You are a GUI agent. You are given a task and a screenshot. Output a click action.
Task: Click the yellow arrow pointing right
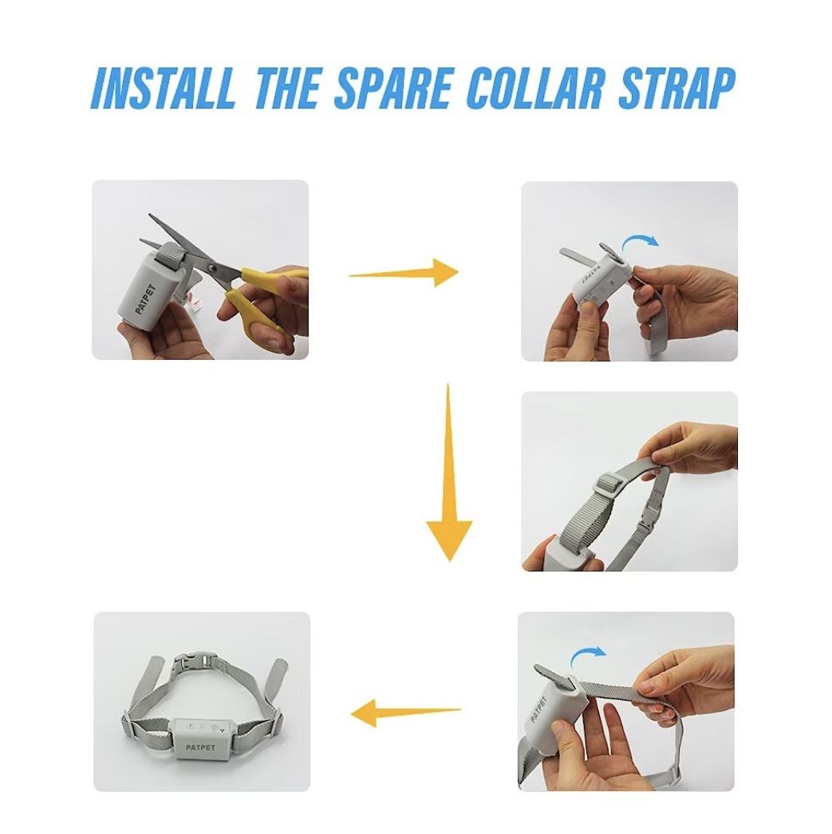pyautogui.click(x=403, y=274)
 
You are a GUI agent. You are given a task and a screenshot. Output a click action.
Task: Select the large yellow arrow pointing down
pyautogui.click(x=449, y=472)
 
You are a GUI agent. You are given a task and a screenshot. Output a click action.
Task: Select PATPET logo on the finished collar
pyautogui.click(x=200, y=747)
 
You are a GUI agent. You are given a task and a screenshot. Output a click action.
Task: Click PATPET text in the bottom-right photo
pyautogui.click(x=539, y=709)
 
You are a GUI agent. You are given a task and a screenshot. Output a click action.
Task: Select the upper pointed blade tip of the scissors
pyautogui.click(x=149, y=215)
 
